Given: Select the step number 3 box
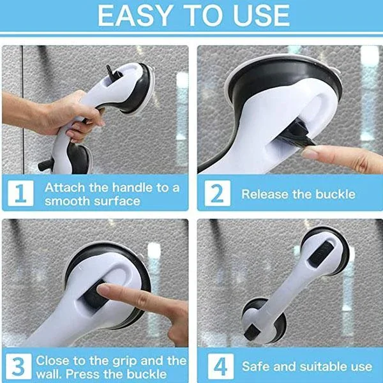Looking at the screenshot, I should coord(19,366).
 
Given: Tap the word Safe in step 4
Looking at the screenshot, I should coord(257,366).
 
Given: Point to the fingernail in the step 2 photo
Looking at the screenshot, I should coord(312,154).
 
